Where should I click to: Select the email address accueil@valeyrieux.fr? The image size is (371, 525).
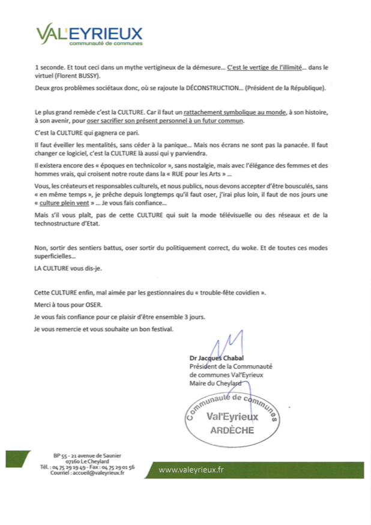coord(96,472)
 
